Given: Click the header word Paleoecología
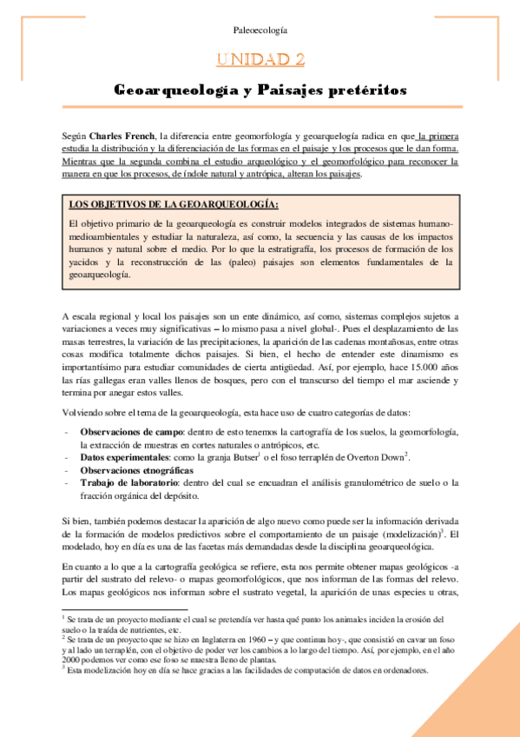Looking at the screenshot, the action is (x=260, y=30).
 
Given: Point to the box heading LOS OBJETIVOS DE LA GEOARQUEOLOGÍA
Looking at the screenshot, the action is (x=174, y=204).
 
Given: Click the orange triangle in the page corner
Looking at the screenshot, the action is (x=486, y=704).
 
